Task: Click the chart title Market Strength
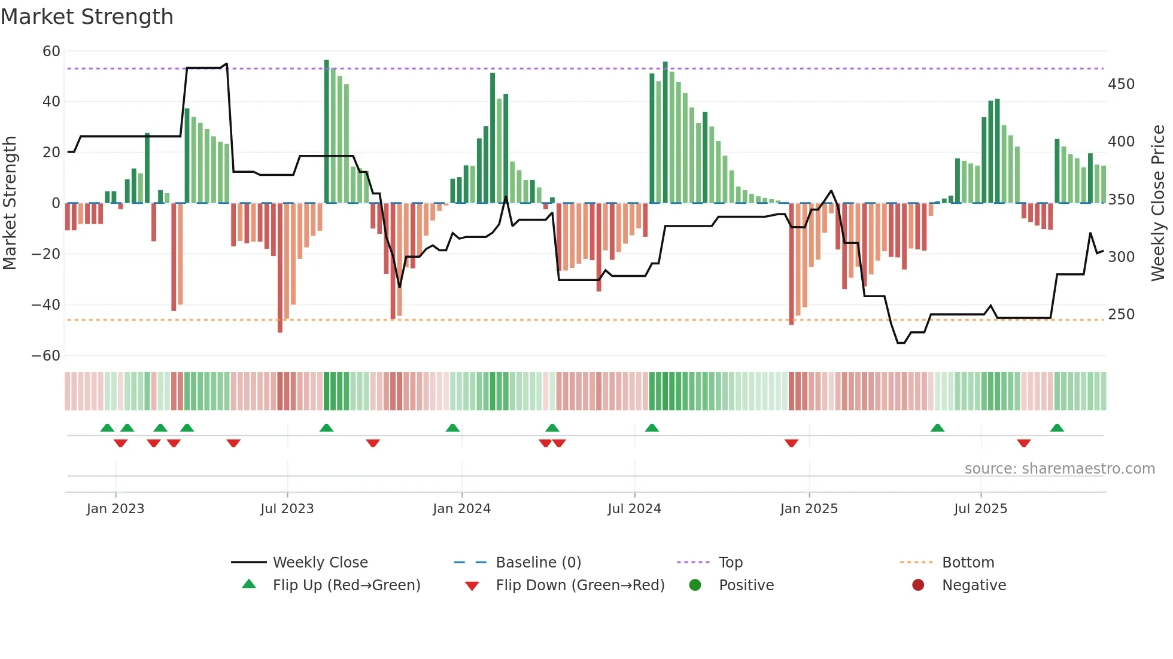tap(87, 17)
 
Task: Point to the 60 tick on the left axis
tap(51, 51)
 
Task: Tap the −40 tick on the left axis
tap(46, 305)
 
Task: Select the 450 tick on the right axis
tap(1121, 84)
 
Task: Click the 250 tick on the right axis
tap(1121, 315)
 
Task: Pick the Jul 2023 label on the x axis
tap(287, 509)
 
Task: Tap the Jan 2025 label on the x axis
tap(809, 509)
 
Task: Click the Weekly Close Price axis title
tap(1158, 203)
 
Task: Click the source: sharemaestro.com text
tap(1059, 469)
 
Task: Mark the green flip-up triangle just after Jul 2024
tap(652, 428)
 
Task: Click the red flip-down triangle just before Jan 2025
tap(791, 443)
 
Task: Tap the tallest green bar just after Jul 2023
tap(327, 132)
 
